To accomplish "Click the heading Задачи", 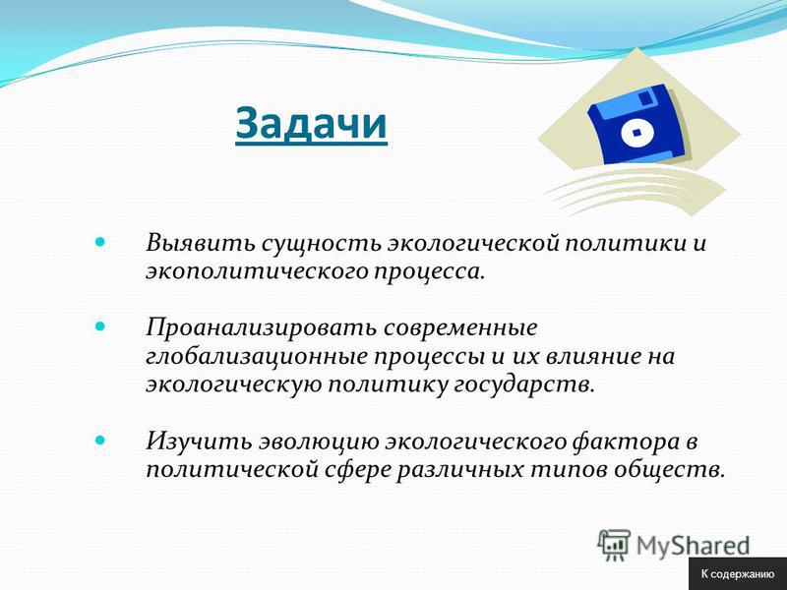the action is click(311, 124).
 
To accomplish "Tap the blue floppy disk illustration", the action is click(637, 126).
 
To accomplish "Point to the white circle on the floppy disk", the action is click(637, 134).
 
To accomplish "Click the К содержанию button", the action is click(738, 574).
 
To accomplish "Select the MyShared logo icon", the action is click(614, 545).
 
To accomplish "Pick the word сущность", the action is click(321, 243).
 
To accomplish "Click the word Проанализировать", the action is click(261, 328).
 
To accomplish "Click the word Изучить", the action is click(199, 442).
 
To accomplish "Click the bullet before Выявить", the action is click(101, 243).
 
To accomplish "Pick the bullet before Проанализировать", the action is click(101, 326).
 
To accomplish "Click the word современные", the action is click(460, 328).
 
